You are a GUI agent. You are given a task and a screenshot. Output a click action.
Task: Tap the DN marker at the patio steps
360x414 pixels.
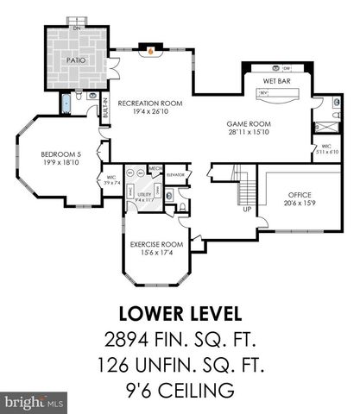tap(78, 28)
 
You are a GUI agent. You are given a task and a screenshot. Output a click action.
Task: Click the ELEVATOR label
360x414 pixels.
tap(176, 174)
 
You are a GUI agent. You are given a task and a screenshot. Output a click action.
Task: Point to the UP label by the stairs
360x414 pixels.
tap(247, 210)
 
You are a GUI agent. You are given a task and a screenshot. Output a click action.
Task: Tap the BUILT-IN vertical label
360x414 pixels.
tap(106, 112)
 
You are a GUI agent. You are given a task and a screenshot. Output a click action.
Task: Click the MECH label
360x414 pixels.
tap(155, 169)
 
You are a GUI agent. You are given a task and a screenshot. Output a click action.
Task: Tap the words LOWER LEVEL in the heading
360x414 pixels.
tap(180, 310)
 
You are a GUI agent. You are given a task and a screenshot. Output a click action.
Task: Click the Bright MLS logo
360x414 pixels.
tap(35, 402)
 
